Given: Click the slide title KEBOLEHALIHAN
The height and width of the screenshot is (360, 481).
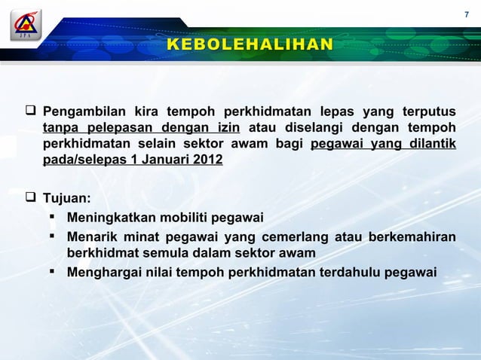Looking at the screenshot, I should [250, 44].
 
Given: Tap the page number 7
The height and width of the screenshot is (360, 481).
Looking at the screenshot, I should [466, 15].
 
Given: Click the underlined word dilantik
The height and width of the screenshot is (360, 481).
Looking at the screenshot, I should [429, 143].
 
